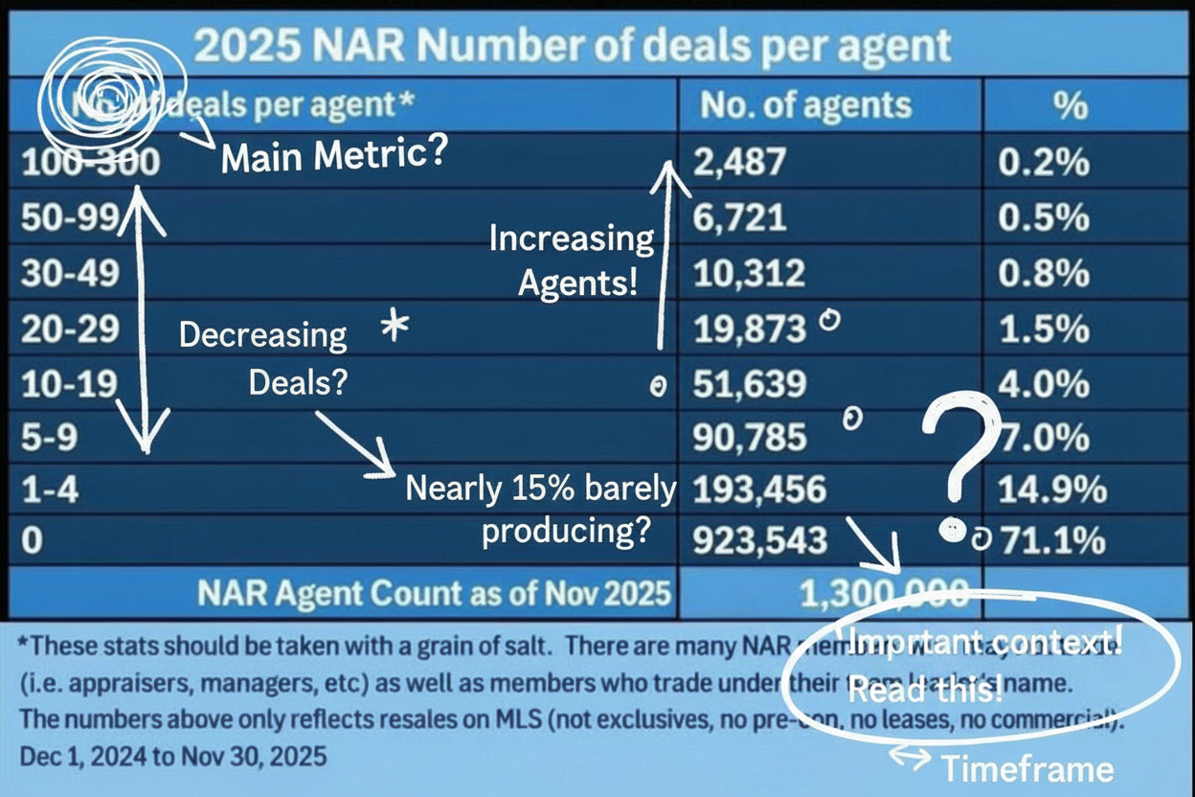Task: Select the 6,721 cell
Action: [x=738, y=218]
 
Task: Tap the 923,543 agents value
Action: [x=759, y=541]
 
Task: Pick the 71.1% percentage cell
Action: [x=1051, y=541]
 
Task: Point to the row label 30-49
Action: [x=69, y=274]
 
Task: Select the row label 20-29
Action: [x=69, y=329]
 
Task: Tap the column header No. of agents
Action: [x=805, y=105]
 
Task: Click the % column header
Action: [x=1070, y=105]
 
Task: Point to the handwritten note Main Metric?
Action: [x=332, y=156]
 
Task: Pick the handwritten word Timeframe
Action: [x=1027, y=768]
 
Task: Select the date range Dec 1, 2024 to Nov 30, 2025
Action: [x=172, y=756]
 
